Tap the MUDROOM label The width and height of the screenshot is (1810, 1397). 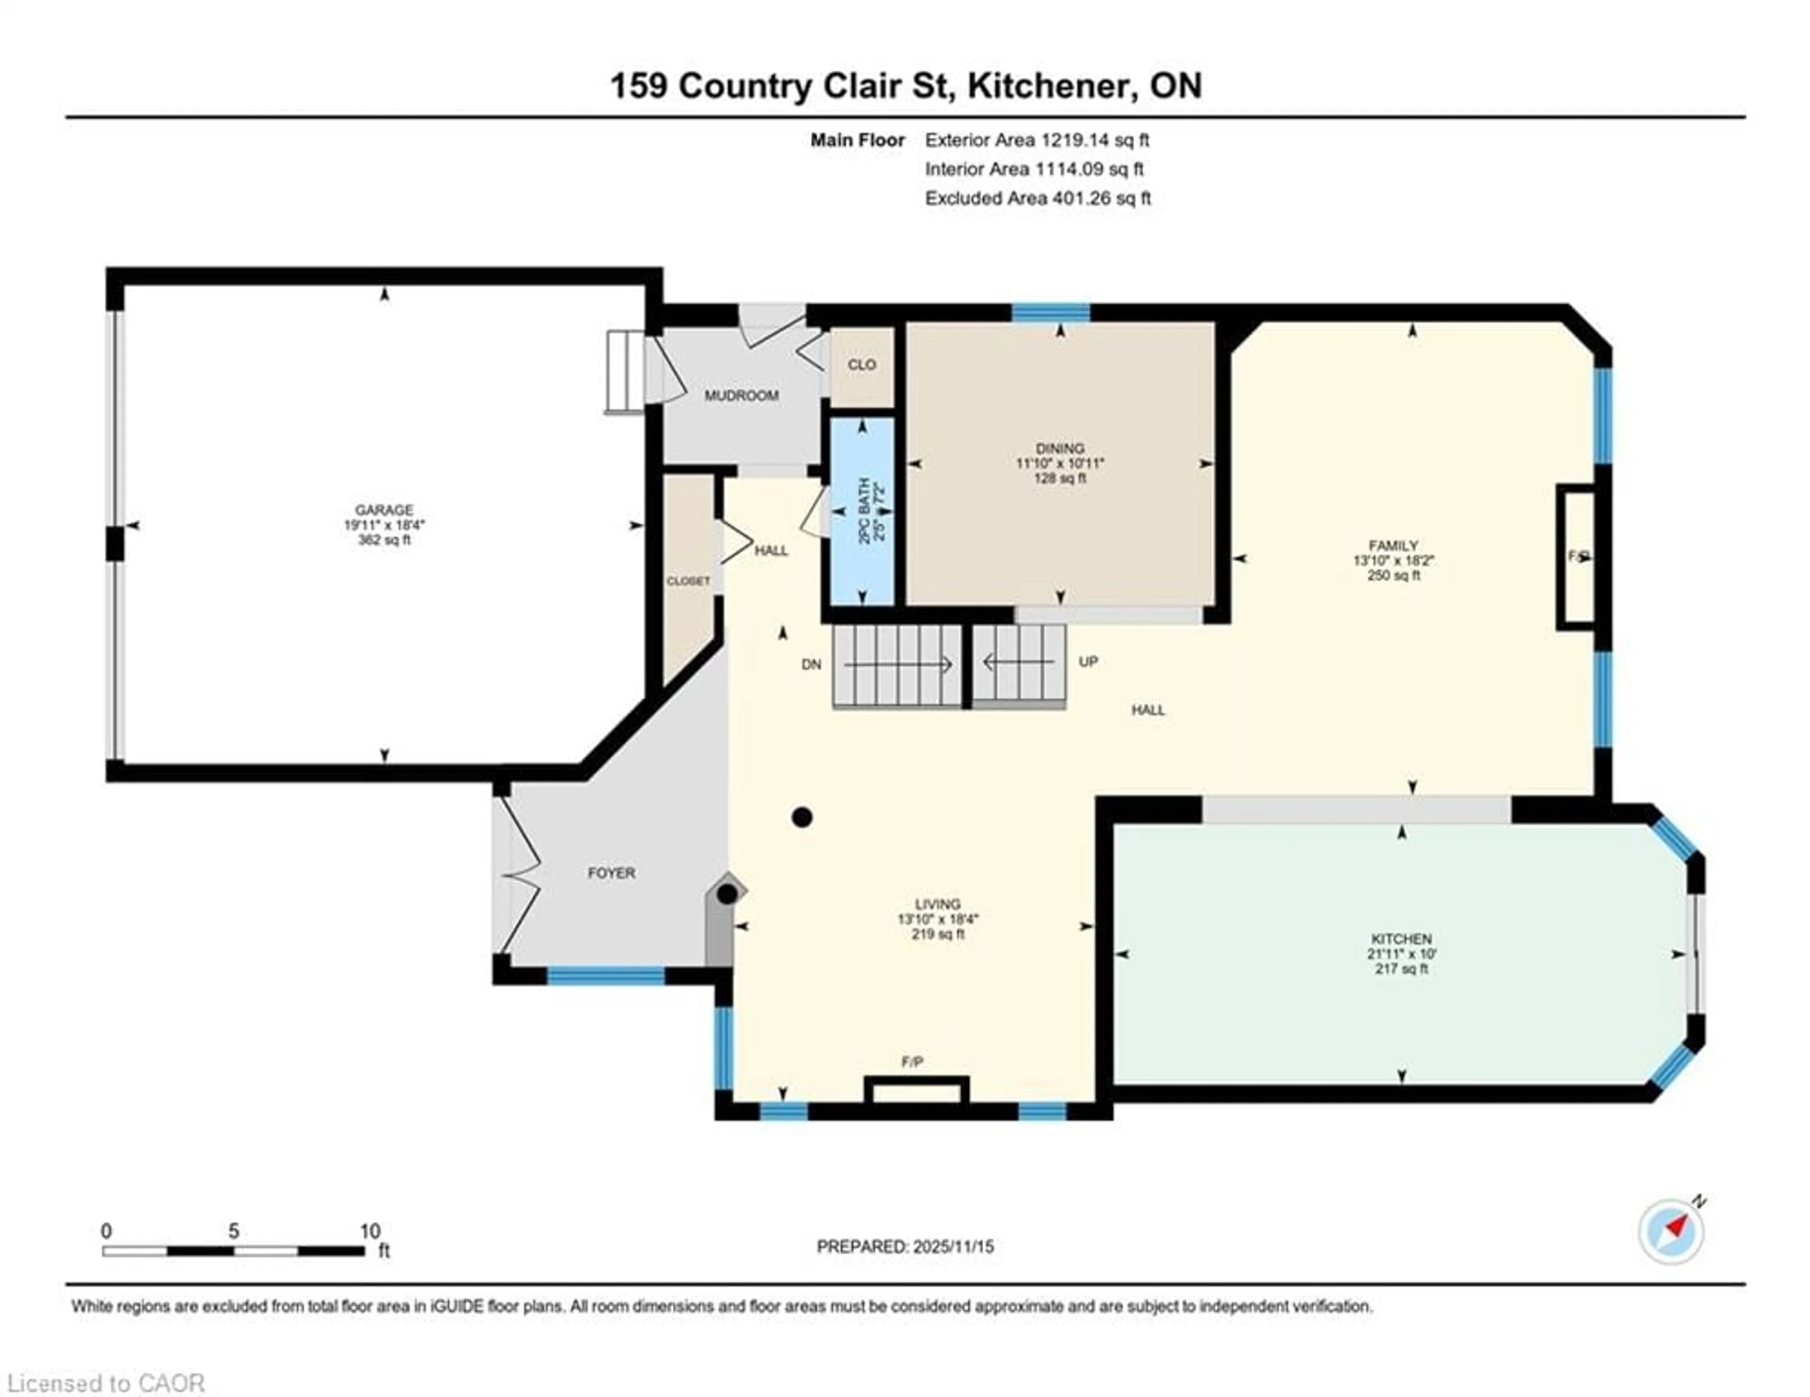click(x=741, y=396)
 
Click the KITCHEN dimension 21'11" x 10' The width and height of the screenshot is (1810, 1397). click(x=1401, y=953)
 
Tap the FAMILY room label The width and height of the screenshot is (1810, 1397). click(x=1393, y=545)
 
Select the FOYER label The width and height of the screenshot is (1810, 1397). click(x=612, y=872)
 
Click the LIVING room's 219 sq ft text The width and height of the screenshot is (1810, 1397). click(x=938, y=934)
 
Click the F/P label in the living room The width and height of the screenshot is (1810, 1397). click(x=912, y=1061)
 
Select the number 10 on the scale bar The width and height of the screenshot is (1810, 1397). click(x=370, y=1231)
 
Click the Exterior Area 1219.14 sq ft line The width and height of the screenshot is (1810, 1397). click(x=1037, y=140)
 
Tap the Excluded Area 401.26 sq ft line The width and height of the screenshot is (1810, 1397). click(x=1037, y=198)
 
